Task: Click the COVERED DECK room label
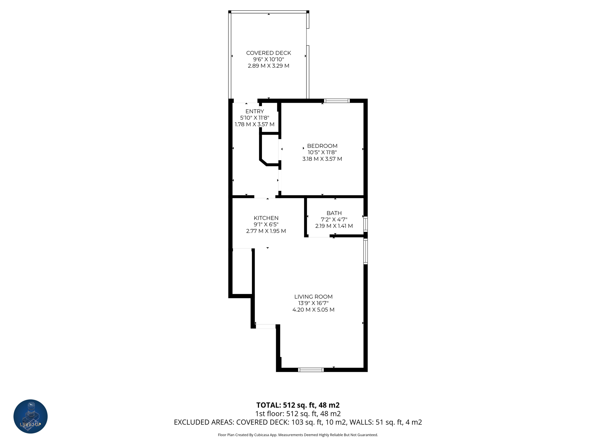point(268,53)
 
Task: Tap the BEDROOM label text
point(322,146)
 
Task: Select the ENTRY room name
point(255,111)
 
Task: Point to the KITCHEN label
point(266,218)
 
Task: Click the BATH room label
point(334,213)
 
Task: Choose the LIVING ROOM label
point(313,297)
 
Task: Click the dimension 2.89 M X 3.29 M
point(268,66)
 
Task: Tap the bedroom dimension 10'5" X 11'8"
point(322,152)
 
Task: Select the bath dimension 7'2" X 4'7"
point(334,219)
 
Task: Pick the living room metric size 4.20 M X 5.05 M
point(313,310)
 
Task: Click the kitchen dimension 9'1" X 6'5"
point(266,224)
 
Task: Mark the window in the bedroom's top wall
point(337,101)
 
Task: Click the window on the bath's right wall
point(366,224)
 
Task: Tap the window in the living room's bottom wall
point(311,370)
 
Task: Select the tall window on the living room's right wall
point(366,251)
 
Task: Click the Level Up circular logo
point(31,416)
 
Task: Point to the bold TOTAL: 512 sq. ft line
point(298,405)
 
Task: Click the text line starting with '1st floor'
point(298,414)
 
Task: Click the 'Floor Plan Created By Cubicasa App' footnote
point(298,435)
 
